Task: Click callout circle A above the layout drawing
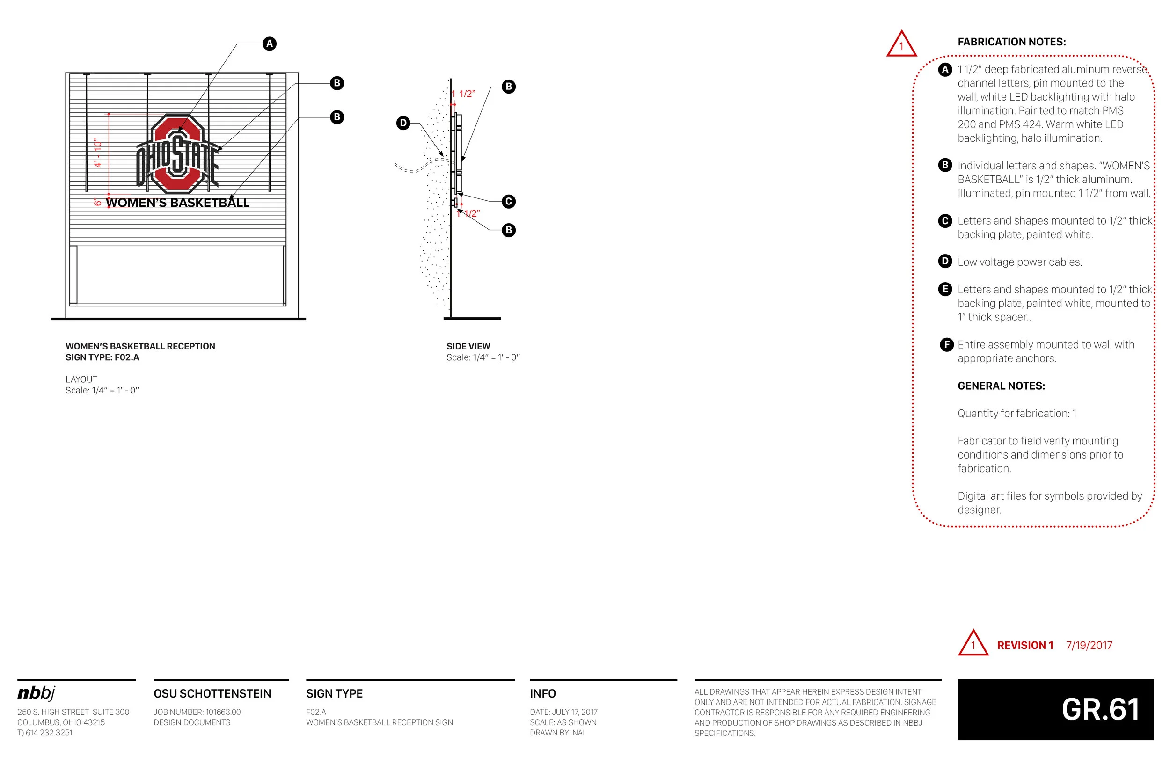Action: [x=269, y=44]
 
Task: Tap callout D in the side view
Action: [x=403, y=123]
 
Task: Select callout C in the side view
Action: [x=508, y=202]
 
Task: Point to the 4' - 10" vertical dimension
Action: [x=98, y=153]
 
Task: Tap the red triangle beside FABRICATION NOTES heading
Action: [x=901, y=45]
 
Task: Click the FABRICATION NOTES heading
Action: [x=1011, y=42]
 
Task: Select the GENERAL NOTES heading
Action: [x=1001, y=386]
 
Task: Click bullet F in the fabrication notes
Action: [x=946, y=345]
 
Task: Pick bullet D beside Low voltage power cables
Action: [x=944, y=262]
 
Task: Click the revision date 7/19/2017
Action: [x=1089, y=646]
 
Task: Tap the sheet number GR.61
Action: [x=1100, y=709]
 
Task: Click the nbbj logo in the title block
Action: [x=37, y=693]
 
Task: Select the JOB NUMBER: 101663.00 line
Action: [x=197, y=712]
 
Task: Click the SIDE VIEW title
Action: [x=468, y=346]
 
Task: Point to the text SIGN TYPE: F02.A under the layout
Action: [x=102, y=357]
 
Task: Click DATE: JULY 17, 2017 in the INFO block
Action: [x=563, y=712]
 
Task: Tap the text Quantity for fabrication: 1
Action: [x=1016, y=414]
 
